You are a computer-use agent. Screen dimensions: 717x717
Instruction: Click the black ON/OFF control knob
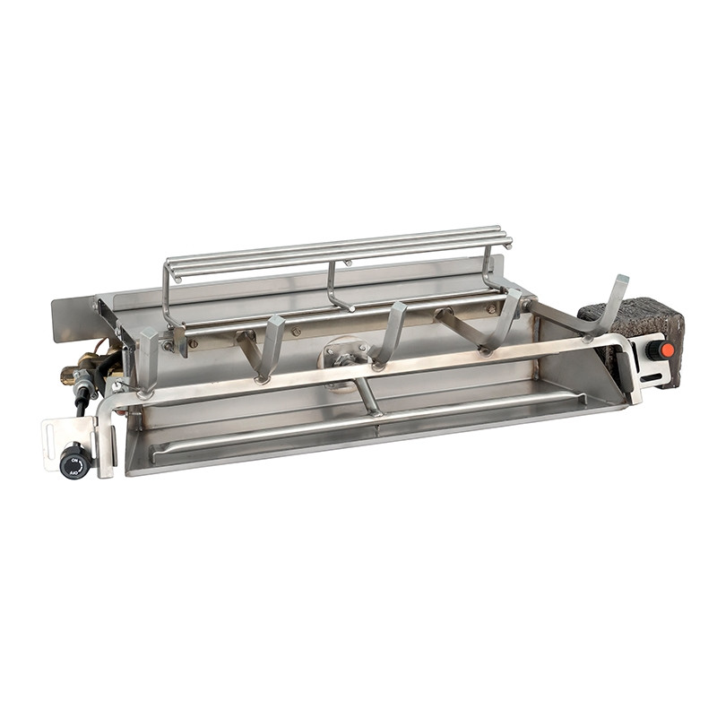(74, 461)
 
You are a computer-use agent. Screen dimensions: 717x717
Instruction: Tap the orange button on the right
(663, 350)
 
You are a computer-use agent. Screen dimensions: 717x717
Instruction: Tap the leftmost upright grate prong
(148, 358)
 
